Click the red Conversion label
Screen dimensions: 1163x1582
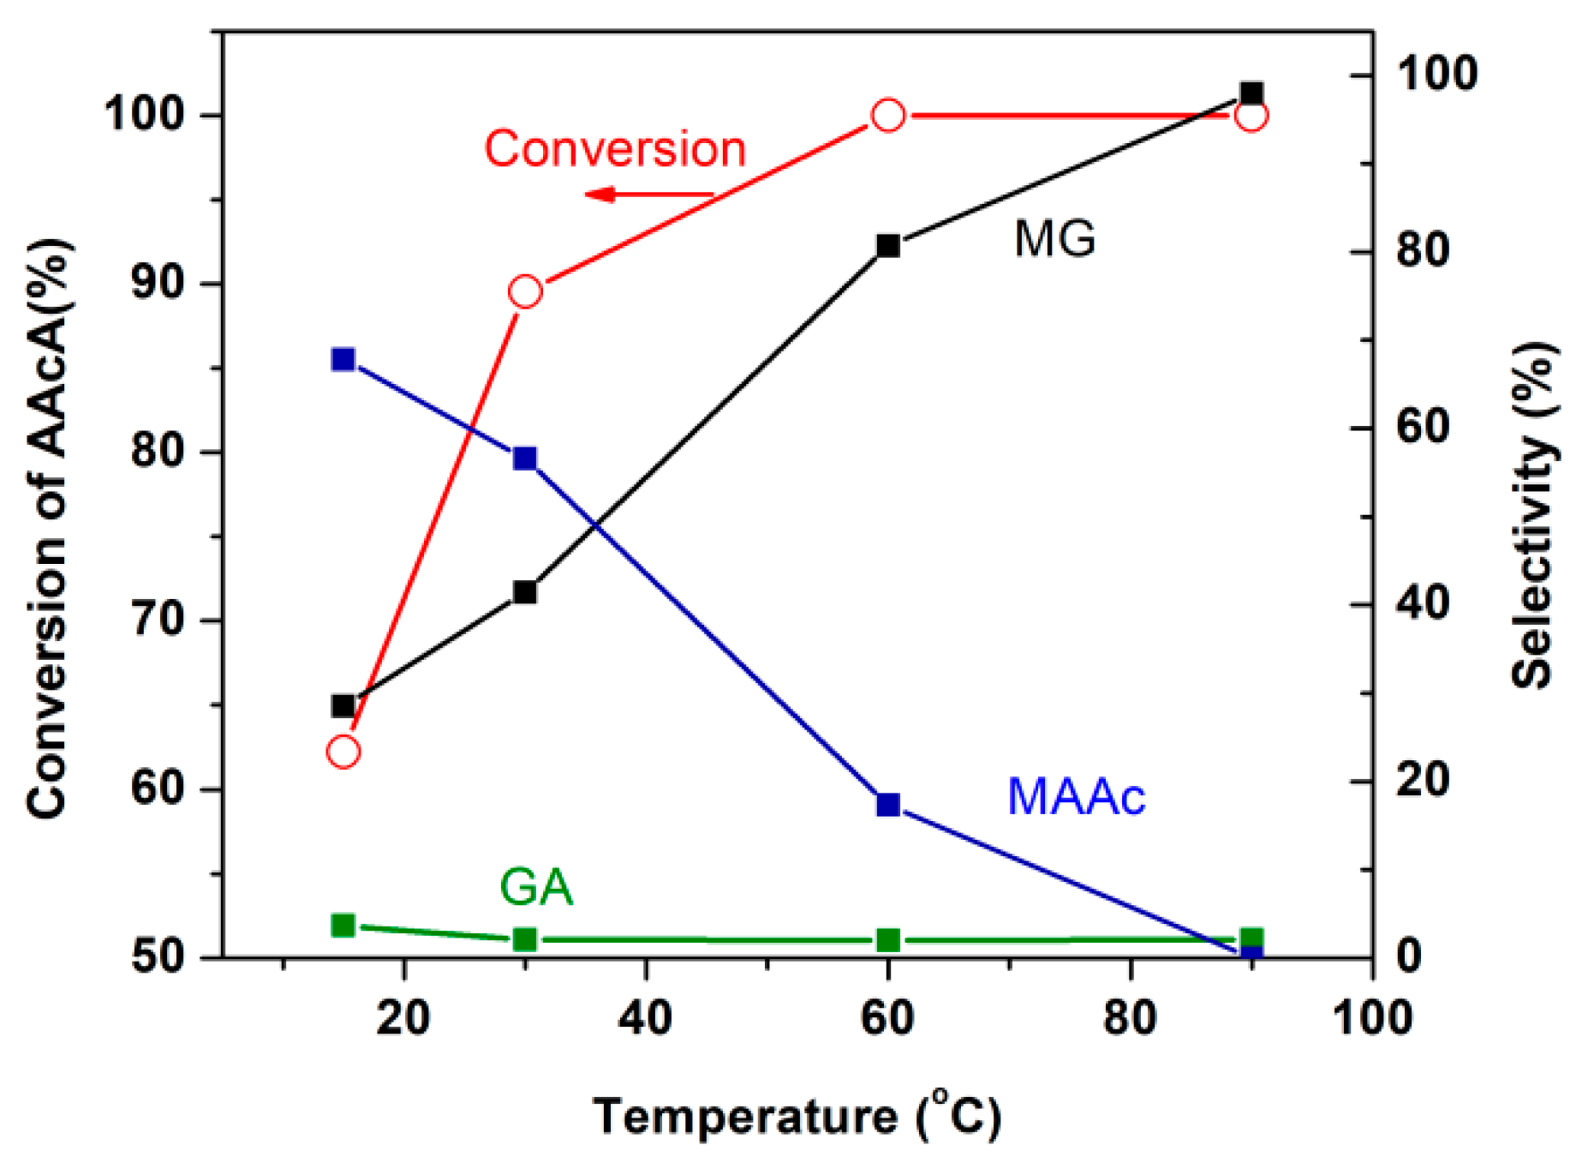coord(615,149)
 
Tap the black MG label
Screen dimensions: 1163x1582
coord(1054,238)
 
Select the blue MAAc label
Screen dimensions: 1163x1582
coord(1076,796)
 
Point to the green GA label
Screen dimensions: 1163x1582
coord(535,887)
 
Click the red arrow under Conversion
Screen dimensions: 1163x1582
coord(648,195)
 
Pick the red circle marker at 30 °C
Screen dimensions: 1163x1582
coord(525,292)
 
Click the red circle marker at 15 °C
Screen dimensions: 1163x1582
coord(343,752)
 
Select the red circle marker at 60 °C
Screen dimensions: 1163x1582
coord(888,115)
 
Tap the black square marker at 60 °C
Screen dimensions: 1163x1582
coord(888,246)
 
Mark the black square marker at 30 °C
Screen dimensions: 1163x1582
coord(525,592)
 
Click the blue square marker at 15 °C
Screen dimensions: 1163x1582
coord(343,359)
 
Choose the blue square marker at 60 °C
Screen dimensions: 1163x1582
coord(888,804)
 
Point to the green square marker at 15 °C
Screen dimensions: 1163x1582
coord(343,926)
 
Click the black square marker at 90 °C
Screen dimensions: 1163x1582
coord(1251,93)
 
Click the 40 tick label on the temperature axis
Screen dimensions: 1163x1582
coord(646,1017)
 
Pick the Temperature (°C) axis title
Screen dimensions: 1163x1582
coord(797,1116)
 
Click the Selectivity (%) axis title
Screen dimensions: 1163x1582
coord(1533,514)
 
